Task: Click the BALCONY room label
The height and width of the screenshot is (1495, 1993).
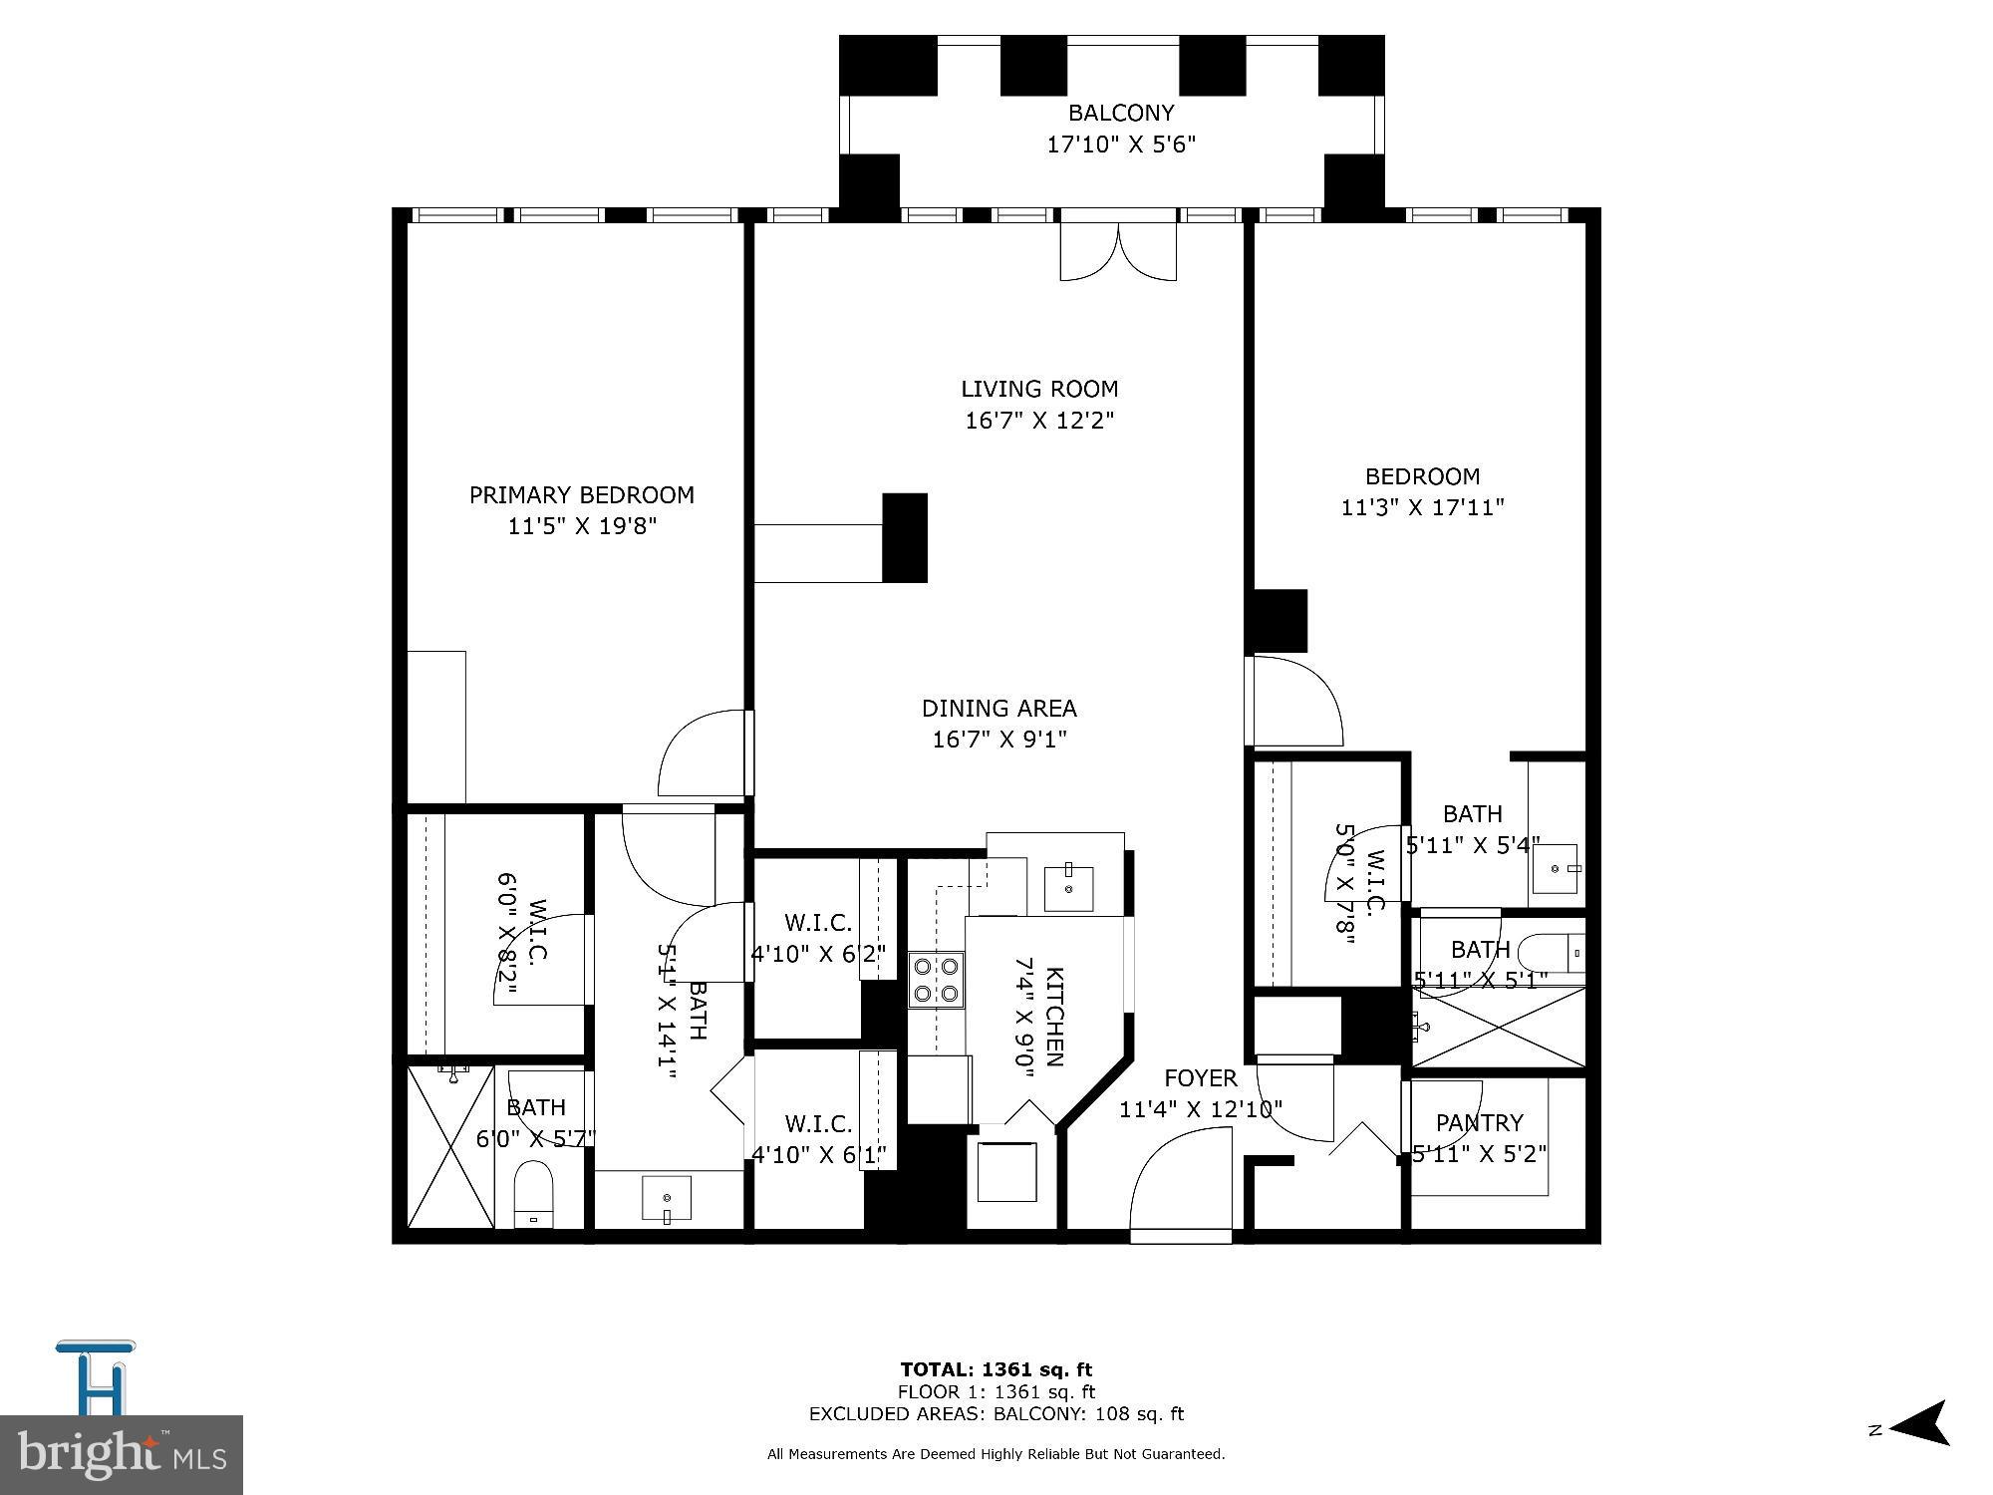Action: point(1120,113)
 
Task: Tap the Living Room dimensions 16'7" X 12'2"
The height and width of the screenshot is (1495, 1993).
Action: point(1038,421)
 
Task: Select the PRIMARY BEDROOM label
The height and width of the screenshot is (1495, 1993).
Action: point(581,495)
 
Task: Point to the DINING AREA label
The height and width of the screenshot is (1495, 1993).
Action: point(998,709)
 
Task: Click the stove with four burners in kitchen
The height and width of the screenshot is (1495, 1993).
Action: point(936,979)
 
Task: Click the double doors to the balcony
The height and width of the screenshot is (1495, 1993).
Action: point(1118,251)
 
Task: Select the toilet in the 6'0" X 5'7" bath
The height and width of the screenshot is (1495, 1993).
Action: point(533,1196)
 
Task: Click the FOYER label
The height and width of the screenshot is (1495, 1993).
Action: point(1200,1078)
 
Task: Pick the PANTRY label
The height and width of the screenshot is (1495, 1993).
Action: point(1479,1123)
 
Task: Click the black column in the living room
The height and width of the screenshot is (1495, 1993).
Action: point(905,537)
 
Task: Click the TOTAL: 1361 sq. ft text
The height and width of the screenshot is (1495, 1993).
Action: point(996,1369)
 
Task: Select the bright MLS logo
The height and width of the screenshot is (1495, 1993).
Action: point(122,1455)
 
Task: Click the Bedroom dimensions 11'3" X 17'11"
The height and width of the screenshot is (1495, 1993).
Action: point(1422,507)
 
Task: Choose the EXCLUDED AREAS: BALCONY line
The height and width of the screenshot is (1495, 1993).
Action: point(996,1413)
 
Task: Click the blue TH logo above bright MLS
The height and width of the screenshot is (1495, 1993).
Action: point(97,1377)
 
